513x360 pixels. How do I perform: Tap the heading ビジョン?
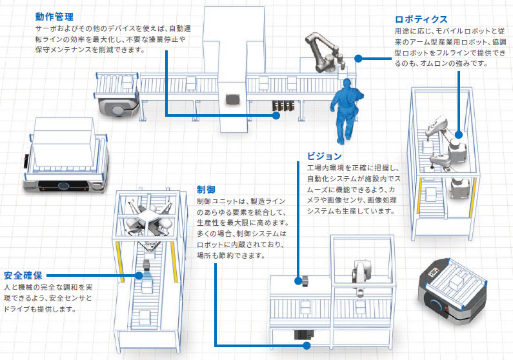click(x=324, y=156)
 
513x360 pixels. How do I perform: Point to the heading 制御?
click(x=206, y=190)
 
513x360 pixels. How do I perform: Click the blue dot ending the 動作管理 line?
click(x=276, y=116)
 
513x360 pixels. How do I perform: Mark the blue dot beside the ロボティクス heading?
click(x=359, y=57)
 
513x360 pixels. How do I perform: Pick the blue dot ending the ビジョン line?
click(x=298, y=280)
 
